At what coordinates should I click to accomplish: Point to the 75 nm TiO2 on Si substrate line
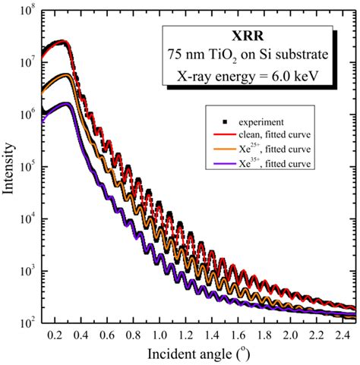[x=257, y=55]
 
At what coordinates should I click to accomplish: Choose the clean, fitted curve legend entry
[x=268, y=132]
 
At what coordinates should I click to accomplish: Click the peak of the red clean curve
[x=65, y=42]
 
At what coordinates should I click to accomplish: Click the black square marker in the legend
[x=218, y=121]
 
